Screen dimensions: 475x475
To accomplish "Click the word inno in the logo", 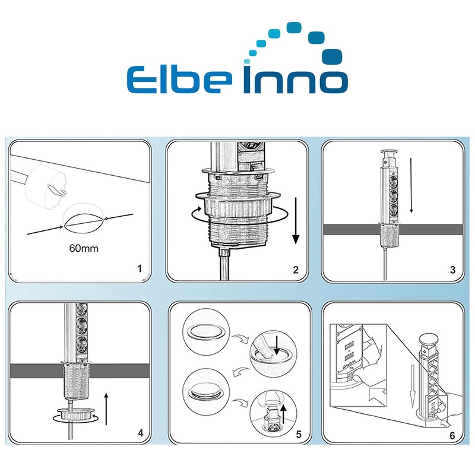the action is tap(296, 77).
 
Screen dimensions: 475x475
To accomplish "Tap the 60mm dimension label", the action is tap(84, 248).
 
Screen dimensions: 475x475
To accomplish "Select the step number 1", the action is tap(140, 268).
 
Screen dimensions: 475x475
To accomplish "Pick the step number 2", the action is tap(296, 270).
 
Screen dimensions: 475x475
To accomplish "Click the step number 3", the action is tap(452, 270).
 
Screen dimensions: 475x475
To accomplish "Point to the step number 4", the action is tap(141, 433).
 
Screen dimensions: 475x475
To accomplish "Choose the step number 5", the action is tap(299, 435).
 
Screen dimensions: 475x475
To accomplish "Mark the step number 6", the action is tap(452, 436).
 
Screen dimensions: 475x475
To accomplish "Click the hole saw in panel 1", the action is tap(46, 185).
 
